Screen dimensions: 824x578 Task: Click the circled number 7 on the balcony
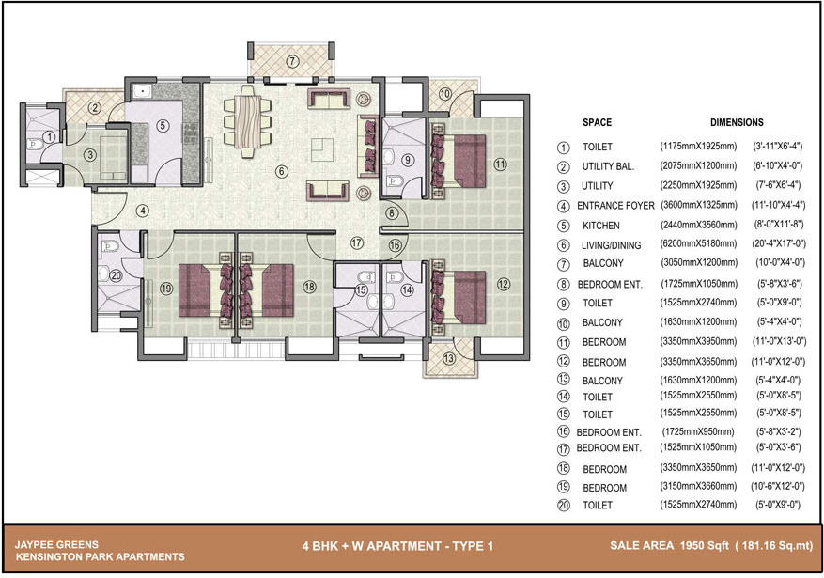click(293, 61)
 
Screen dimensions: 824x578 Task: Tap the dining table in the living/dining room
click(247, 121)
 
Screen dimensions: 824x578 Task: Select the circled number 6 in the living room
click(282, 171)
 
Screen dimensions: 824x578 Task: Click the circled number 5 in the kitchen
click(163, 126)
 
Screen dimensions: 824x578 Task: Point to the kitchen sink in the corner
click(142, 91)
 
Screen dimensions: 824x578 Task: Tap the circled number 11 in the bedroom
click(500, 164)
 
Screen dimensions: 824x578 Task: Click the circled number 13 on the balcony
click(448, 359)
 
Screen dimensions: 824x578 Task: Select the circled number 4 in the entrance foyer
click(142, 211)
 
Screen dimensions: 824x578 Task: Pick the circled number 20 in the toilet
click(116, 275)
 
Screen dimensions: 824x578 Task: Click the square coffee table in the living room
click(321, 149)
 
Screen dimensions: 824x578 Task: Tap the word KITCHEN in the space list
click(600, 226)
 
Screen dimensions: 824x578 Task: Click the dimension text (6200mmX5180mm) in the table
click(698, 243)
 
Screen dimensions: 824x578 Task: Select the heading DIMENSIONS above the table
click(737, 122)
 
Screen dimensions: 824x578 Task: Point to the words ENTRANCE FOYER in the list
click(615, 206)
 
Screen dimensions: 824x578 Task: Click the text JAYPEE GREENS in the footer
click(56, 545)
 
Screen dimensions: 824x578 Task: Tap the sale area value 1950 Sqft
click(704, 545)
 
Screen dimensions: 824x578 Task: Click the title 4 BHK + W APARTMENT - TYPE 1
click(397, 546)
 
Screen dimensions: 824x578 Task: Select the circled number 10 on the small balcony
click(444, 94)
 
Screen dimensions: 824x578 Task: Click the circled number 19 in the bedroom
click(166, 288)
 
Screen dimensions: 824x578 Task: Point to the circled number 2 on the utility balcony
click(94, 108)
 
